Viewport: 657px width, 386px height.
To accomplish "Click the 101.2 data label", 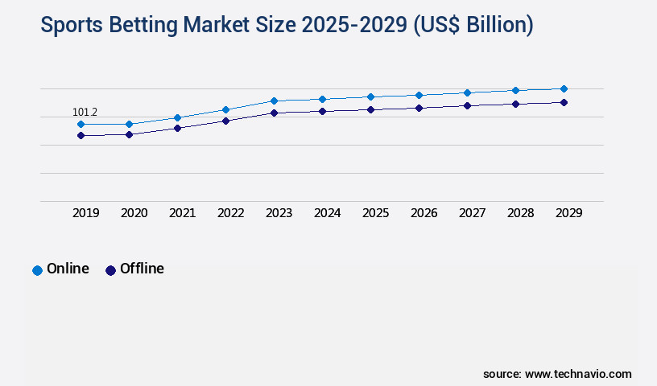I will point(85,112).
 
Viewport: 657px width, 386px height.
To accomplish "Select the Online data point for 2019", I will point(81,125).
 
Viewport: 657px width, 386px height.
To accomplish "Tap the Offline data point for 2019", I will point(81,136).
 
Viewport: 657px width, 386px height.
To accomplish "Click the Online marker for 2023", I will point(274,101).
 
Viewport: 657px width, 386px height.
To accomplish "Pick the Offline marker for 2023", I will point(274,113).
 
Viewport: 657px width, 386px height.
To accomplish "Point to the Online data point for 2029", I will point(564,88).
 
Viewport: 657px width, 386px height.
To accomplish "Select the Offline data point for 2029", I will point(564,102).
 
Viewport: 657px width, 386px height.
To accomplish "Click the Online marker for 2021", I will point(177,118).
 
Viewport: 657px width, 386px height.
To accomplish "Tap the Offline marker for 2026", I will point(419,108).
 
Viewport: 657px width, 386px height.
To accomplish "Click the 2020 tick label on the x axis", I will point(134,213).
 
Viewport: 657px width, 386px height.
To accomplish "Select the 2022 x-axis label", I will point(230,213).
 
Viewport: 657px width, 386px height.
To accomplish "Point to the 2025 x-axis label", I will point(375,213).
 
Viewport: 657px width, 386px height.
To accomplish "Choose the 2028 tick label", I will point(520,213).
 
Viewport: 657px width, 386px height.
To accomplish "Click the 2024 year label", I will point(327,213).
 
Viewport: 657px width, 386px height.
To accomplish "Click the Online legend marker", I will point(37,270).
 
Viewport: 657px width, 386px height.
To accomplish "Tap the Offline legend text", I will point(142,269).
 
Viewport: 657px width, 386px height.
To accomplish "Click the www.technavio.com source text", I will point(578,374).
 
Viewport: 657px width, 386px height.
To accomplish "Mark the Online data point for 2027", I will point(467,92).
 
